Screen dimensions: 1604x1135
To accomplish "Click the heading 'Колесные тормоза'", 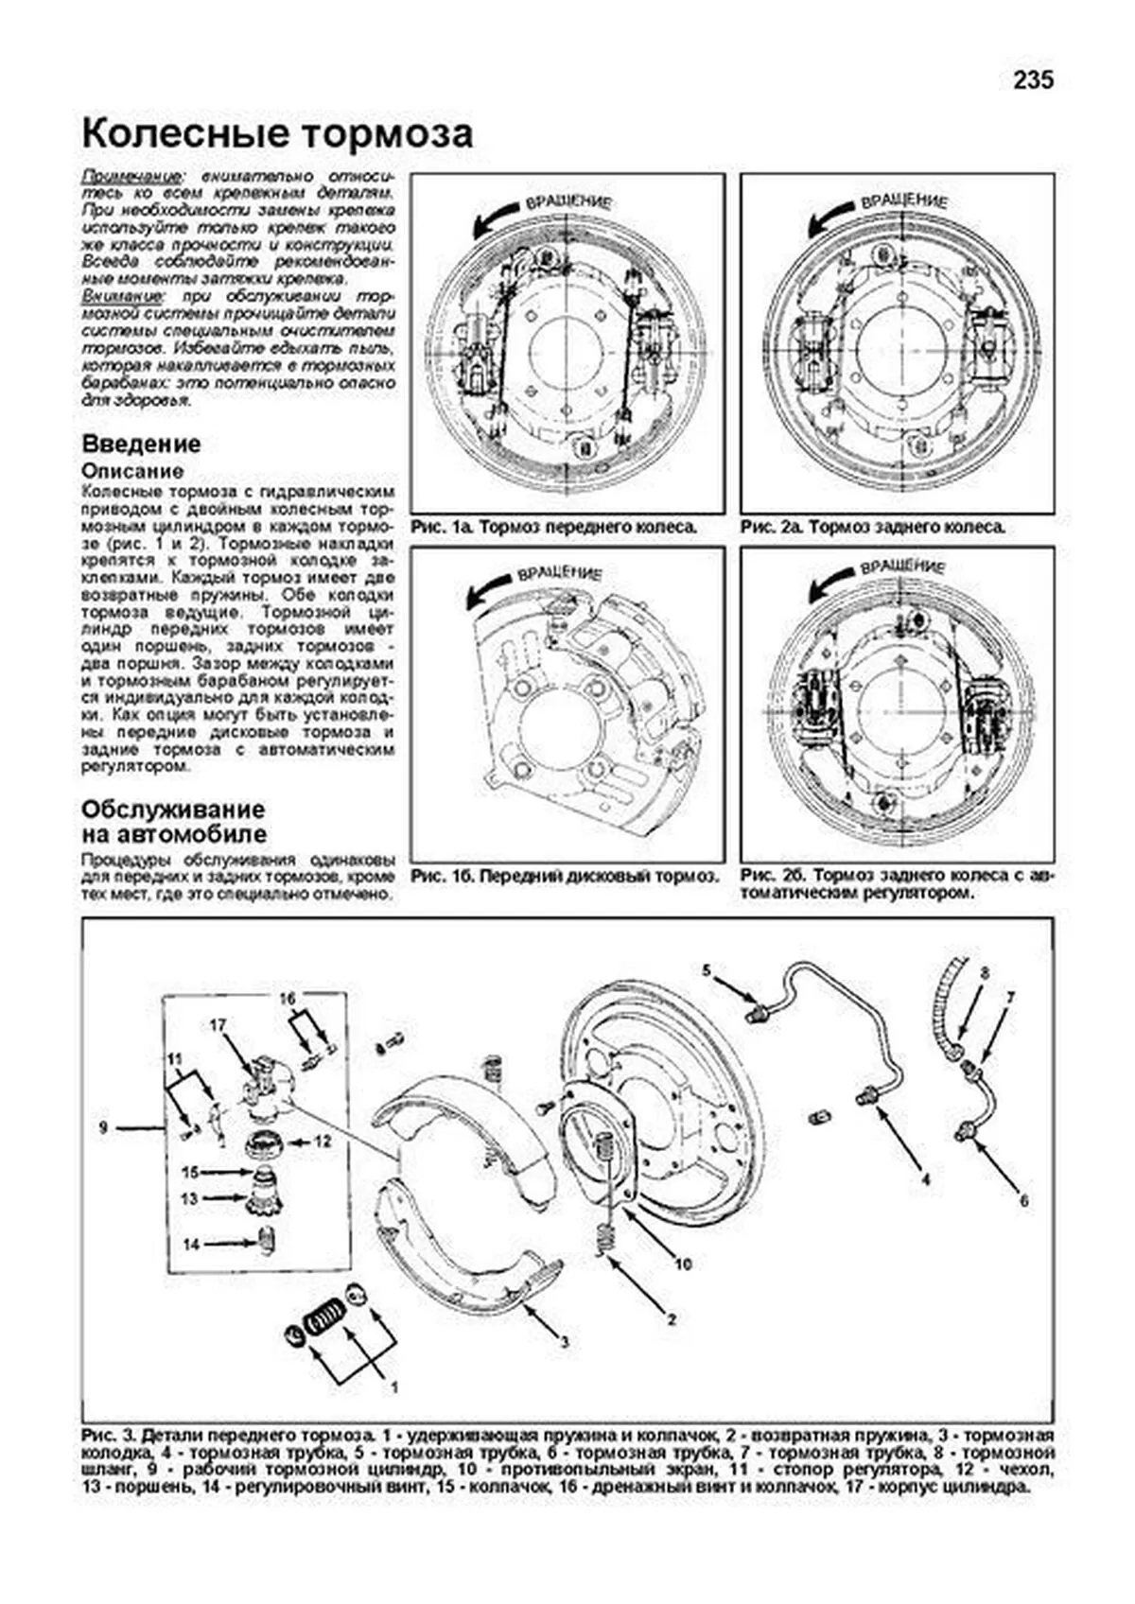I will point(277,134).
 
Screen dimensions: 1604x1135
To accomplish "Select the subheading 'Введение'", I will point(141,444).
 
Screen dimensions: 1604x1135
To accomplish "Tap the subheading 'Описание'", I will point(132,471).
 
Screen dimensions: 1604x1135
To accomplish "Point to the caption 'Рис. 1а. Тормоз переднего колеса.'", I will point(554,527).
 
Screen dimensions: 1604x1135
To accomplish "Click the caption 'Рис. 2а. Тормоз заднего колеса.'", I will point(873,527).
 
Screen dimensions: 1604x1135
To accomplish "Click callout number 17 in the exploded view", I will point(218,1025).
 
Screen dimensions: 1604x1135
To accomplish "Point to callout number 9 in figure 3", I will point(104,1126).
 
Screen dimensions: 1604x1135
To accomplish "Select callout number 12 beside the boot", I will point(323,1142).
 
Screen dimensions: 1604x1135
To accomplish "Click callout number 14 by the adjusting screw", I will point(191,1245).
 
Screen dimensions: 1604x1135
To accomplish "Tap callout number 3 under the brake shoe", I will point(564,1341).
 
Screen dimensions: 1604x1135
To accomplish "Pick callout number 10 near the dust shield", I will point(684,1264).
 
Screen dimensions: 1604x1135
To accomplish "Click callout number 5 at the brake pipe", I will point(706,969).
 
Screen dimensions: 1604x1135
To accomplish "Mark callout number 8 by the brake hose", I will point(984,972).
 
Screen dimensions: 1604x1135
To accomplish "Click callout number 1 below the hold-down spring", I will point(394,1388).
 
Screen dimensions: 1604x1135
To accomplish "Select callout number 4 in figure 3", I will point(925,1179).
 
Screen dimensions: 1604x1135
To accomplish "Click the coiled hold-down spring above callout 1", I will point(324,1315).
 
